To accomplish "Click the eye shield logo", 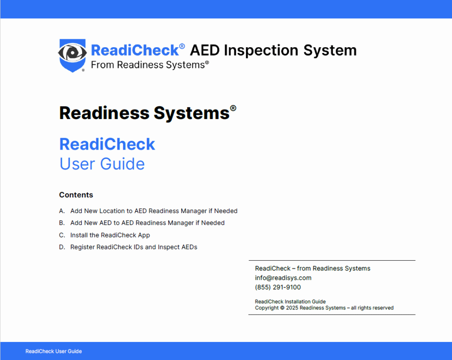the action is pos(72,55).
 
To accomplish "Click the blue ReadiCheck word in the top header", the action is pos(135,50).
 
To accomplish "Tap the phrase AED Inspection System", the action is pos(273,50).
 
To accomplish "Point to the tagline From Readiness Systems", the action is pos(150,65).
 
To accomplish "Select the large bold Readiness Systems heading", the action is pos(144,113).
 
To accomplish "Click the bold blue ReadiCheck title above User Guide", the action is pos(107,144).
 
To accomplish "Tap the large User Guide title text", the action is pos(102,164).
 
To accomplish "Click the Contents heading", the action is pos(76,195).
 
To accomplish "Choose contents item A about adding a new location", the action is pos(154,211).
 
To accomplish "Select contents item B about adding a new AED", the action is pos(147,223).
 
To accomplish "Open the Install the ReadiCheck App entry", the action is pos(110,235).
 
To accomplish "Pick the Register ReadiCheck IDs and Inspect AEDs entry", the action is pos(134,247).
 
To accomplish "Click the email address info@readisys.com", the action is pos(283,278).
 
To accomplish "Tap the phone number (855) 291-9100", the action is pos(278,287).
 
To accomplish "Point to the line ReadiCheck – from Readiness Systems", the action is pos(313,268).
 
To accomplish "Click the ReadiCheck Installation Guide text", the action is pos(290,301).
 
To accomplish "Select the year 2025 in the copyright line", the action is pos(292,308).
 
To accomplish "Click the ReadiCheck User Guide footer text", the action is pos(53,351).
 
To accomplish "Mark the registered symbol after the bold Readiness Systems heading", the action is pos(233,108).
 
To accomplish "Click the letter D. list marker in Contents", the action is pos(62,247).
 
